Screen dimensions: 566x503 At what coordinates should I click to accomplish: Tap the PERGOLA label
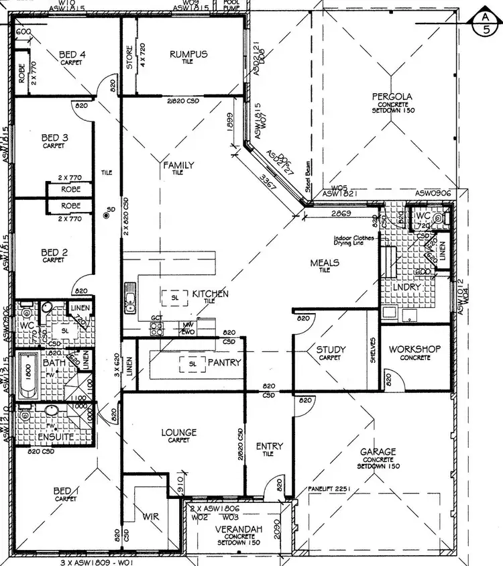392,97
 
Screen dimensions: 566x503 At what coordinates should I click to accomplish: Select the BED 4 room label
71,54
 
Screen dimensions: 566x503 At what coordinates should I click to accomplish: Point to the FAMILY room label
179,165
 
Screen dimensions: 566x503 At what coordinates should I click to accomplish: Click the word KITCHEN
210,294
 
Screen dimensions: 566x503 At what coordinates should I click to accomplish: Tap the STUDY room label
331,349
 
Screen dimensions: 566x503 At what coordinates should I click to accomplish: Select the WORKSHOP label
414,349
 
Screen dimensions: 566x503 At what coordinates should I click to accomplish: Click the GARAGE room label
378,452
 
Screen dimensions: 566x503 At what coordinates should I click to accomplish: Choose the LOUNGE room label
178,433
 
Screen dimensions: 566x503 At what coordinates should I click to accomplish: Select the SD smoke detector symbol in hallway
107,215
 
